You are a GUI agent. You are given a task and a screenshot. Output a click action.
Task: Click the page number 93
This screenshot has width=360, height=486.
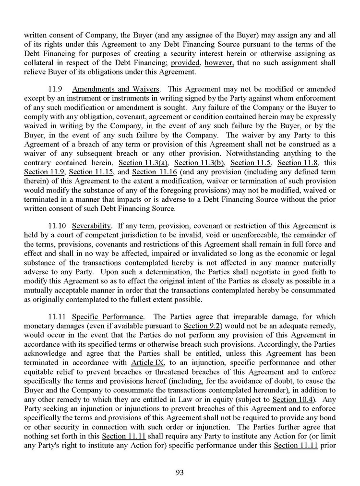180,472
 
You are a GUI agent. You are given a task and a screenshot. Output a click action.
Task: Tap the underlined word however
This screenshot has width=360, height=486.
220,62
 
